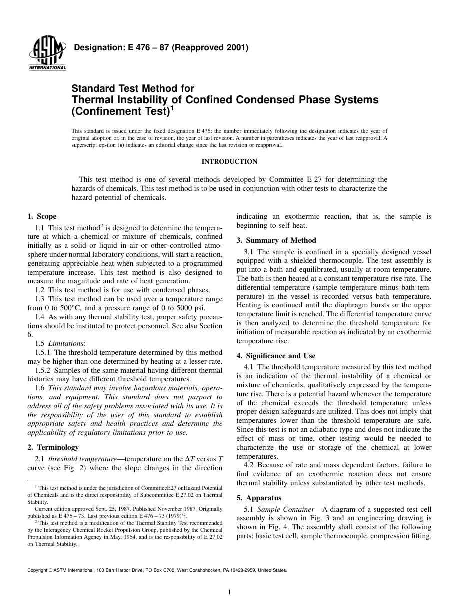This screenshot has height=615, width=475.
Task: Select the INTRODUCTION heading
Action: coord(229,161)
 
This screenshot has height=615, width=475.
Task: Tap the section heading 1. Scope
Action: coord(42,216)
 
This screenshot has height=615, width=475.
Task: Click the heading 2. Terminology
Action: coord(52,447)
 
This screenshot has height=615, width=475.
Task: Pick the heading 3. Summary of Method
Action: coord(276,240)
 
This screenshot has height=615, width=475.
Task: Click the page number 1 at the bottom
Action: coord(229,592)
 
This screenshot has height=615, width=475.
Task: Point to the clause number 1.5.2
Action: coord(43,370)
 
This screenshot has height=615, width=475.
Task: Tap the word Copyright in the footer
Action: coord(38,570)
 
